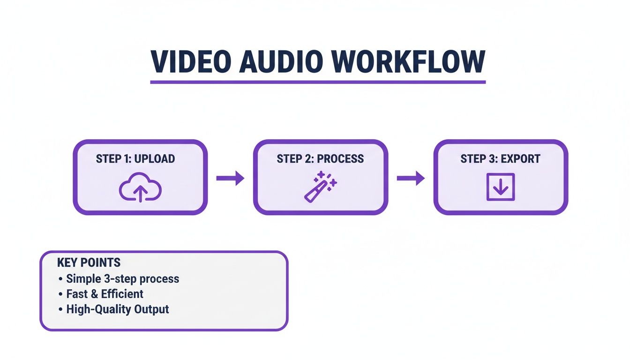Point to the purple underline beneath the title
(x=318, y=82)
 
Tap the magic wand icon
(x=320, y=187)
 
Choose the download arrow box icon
(x=500, y=187)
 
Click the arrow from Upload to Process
(x=230, y=178)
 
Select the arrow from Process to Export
(x=411, y=178)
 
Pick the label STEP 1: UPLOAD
(x=135, y=158)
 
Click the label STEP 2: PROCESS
(x=320, y=158)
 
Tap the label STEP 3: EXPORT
(x=500, y=158)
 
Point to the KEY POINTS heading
(x=89, y=262)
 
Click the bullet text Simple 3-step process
(x=122, y=278)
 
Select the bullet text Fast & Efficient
(x=105, y=294)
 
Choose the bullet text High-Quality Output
(x=117, y=309)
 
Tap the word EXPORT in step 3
(x=520, y=158)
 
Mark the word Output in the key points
(x=151, y=309)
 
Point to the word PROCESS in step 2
(x=340, y=158)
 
